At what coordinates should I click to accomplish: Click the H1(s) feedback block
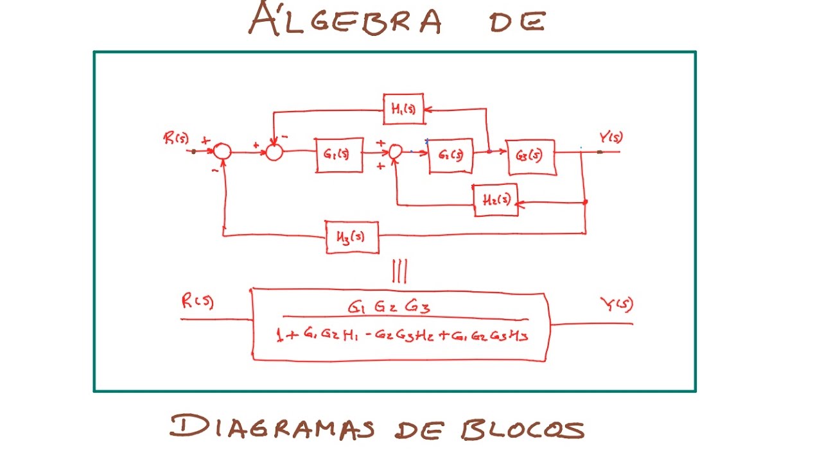403,109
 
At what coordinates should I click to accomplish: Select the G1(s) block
339,155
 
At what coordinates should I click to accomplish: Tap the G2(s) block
450,155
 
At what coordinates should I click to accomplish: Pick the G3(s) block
532,156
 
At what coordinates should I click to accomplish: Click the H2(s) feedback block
495,200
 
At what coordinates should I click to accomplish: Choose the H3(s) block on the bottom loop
352,237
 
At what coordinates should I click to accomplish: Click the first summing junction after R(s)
222,151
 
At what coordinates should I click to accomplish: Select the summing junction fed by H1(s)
274,152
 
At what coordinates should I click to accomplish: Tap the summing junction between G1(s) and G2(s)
396,151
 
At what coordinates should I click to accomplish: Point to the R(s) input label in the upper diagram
176,138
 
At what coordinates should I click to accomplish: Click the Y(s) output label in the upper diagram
611,137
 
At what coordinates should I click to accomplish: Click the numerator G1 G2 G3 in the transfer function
389,307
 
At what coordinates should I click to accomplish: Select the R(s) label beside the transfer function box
197,302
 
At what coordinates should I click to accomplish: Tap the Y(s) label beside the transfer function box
616,305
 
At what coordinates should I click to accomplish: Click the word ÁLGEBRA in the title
345,19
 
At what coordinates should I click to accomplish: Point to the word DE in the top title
517,21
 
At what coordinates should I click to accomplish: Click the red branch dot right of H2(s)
585,202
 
